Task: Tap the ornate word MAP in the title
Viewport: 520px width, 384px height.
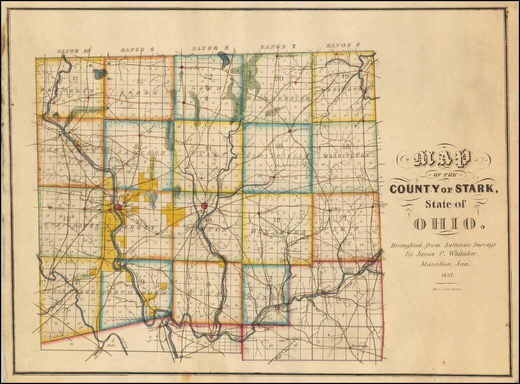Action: [443, 159]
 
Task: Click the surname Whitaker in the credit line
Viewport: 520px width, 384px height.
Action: [464, 253]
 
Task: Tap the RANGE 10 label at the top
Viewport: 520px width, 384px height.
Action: [73, 51]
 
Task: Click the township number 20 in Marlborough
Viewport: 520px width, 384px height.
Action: [279, 78]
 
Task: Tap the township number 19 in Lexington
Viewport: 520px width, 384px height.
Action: [345, 76]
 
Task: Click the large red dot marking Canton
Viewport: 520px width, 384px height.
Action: [204, 205]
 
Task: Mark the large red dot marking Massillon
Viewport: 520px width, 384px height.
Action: [118, 207]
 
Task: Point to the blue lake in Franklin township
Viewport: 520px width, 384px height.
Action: [99, 74]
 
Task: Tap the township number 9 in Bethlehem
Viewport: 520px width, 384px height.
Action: [142, 282]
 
